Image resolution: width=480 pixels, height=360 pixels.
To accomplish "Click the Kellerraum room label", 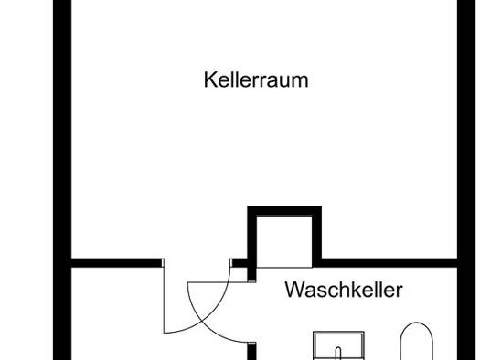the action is tap(256, 79).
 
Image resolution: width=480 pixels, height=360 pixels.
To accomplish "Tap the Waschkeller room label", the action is tap(344, 290).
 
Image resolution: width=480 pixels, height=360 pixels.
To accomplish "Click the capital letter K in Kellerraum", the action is tap(210, 79).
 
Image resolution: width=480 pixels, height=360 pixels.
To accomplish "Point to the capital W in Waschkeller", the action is tap(295, 290).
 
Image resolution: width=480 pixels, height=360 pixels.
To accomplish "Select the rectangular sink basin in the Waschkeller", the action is tap(338, 345).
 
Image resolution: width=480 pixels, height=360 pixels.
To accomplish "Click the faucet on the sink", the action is tap(338, 353).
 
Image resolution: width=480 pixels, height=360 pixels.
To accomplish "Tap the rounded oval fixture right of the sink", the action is tap(417, 341).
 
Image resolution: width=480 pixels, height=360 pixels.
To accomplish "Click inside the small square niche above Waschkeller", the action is tap(284, 241).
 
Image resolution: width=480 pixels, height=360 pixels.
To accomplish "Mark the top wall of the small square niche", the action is tap(284, 211).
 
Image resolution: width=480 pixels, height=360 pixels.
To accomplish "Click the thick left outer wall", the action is tap(62, 180).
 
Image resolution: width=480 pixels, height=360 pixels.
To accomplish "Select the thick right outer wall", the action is tap(466, 180).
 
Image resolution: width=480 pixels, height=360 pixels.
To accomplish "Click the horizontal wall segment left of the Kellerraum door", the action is tap(117, 263).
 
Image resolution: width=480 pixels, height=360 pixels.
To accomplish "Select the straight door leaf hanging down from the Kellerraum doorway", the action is tap(164, 300).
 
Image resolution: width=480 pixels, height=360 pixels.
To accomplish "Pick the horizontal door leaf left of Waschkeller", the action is tap(221, 282).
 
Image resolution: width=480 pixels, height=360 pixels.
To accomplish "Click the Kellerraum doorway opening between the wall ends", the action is tap(197, 263).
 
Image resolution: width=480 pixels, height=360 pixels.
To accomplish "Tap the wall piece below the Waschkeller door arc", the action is tap(251, 351).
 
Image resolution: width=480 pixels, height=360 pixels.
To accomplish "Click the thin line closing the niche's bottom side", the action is tap(284, 268).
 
